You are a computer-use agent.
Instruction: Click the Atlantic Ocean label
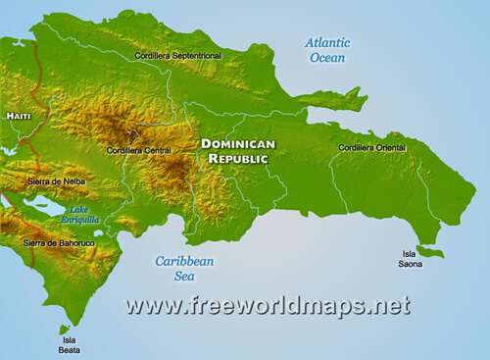(328, 50)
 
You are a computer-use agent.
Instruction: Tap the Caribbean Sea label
(184, 269)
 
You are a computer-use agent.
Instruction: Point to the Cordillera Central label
(137, 151)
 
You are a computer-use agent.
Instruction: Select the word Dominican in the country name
(238, 143)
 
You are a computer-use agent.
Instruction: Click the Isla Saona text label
(411, 258)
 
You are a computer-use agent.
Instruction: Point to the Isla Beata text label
(68, 344)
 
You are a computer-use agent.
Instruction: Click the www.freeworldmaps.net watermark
(268, 306)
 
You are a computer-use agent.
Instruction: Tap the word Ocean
(328, 58)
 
